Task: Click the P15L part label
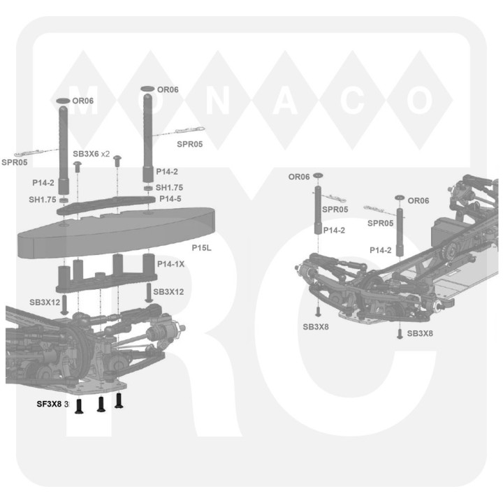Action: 201,247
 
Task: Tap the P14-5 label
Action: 170,198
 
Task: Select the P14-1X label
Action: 170,264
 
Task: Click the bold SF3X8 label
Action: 49,404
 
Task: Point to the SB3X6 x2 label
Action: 91,154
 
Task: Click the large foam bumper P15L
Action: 116,232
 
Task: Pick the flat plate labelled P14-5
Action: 106,205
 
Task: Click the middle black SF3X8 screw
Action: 101,404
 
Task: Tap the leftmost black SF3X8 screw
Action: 79,406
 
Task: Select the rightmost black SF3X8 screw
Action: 119,401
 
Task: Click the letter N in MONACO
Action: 218,101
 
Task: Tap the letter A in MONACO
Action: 285,101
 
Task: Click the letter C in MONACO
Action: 353,101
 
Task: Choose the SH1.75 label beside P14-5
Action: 169,187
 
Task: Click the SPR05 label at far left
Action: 15,162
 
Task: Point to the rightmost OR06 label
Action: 418,201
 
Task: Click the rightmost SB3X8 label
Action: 420,333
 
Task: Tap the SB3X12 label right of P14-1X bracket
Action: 168,292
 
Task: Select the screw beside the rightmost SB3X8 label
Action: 400,334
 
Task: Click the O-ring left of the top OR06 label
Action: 147,89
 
